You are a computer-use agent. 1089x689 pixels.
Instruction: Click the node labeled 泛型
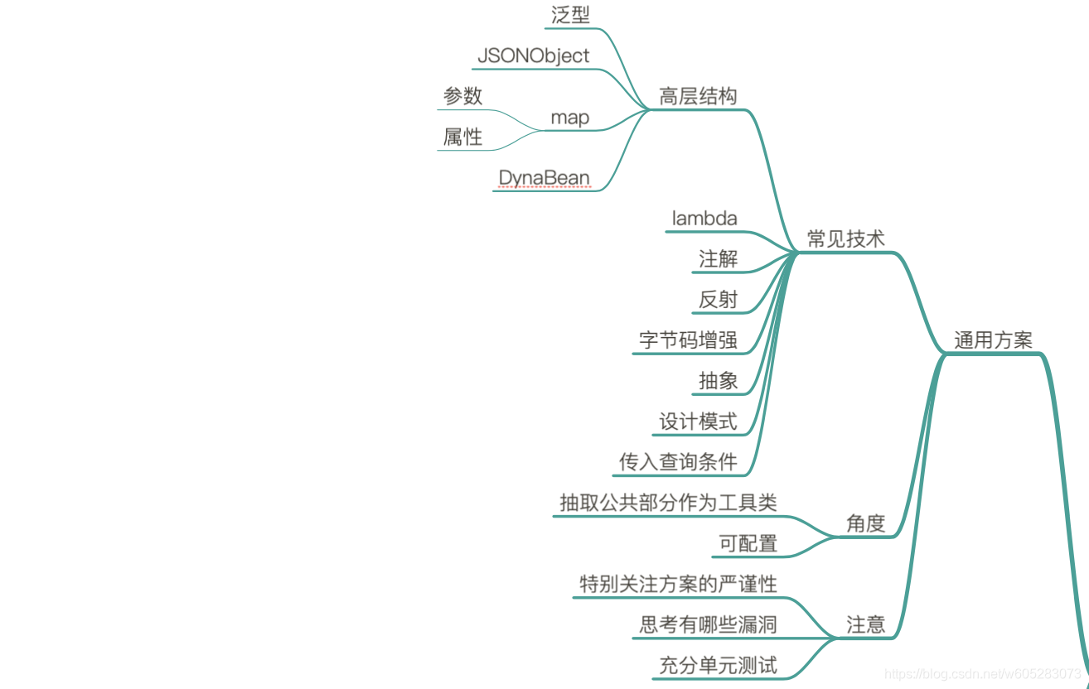coord(570,15)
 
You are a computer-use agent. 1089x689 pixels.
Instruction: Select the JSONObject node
coord(533,55)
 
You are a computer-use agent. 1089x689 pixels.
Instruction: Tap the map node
coord(570,118)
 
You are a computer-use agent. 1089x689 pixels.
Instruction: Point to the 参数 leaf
coord(462,96)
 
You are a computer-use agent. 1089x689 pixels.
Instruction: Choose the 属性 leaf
coord(462,137)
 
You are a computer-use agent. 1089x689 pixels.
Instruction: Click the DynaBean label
coord(544,178)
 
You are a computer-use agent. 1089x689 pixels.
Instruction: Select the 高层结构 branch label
coord(698,96)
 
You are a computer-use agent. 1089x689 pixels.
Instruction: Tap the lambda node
coord(704,219)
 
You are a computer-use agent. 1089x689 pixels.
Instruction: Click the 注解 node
coord(718,259)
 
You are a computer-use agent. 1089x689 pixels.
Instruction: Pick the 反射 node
coord(718,300)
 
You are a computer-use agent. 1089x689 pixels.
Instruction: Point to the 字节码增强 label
coord(688,340)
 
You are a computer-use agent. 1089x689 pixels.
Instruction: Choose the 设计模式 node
coord(698,422)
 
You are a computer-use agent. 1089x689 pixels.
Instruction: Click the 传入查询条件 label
coord(678,462)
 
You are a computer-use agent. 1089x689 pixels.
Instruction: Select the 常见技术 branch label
coord(846,239)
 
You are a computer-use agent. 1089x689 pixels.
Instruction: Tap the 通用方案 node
coord(993,340)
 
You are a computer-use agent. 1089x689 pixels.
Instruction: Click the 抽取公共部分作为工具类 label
coord(668,503)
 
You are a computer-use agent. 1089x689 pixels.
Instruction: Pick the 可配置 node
coord(748,543)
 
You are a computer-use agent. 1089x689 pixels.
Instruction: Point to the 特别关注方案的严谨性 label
coord(678,584)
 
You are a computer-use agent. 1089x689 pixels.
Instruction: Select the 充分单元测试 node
coord(718,665)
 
